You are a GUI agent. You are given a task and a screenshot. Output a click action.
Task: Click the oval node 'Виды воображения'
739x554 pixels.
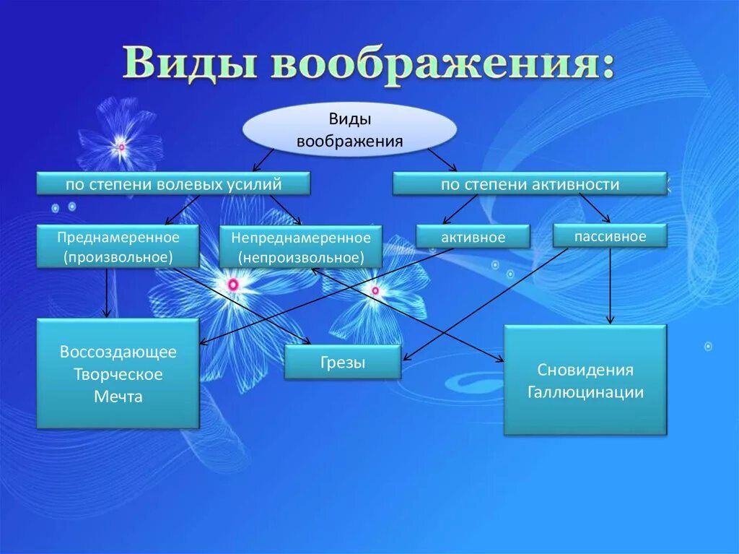(x=349, y=130)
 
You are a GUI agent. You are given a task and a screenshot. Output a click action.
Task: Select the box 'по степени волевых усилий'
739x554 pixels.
(x=173, y=184)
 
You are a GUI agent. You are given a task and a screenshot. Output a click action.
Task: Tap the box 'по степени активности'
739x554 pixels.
(x=530, y=184)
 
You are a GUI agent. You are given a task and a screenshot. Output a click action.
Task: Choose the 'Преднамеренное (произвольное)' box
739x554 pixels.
(x=118, y=246)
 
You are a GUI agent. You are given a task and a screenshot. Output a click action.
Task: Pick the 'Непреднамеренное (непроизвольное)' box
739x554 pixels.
(x=301, y=247)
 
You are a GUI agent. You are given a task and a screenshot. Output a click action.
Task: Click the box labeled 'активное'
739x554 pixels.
(x=473, y=237)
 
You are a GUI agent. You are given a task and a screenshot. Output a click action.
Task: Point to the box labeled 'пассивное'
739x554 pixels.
(x=610, y=235)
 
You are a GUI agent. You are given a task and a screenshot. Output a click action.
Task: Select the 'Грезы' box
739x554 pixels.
(x=342, y=363)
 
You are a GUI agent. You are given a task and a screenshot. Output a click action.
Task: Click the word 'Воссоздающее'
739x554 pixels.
(x=118, y=352)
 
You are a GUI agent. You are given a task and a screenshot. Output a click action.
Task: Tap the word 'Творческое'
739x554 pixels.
(x=118, y=374)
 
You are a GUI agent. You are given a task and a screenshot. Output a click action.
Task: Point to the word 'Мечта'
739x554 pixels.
(x=118, y=397)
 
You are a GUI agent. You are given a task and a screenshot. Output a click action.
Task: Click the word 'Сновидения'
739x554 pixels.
(x=585, y=370)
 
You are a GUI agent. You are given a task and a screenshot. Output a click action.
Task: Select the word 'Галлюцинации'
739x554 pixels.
(x=585, y=392)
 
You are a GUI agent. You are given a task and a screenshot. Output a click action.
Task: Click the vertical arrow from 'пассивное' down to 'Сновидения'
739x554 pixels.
(x=611, y=285)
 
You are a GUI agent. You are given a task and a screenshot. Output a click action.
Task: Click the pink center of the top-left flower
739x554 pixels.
(x=121, y=147)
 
